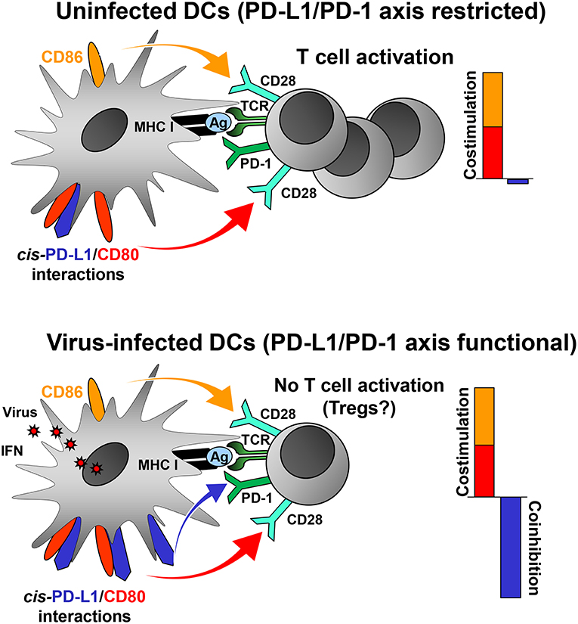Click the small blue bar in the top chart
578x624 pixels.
tap(518, 182)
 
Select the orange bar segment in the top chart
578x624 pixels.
tap(483, 98)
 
